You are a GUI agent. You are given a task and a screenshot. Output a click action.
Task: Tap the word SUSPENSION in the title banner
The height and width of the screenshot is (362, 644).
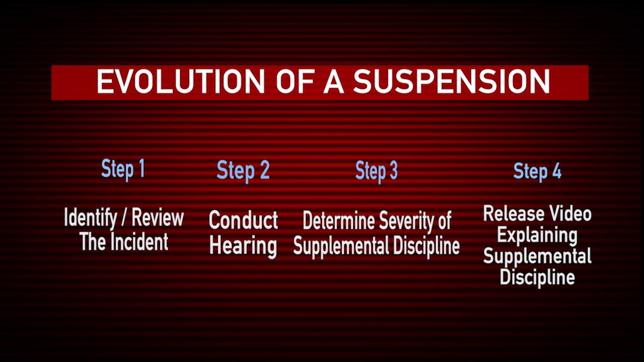[451, 81]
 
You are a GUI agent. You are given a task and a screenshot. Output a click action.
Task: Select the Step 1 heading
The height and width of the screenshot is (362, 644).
[123, 169]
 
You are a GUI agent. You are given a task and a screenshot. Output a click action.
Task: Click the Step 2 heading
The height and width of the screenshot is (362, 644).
[243, 170]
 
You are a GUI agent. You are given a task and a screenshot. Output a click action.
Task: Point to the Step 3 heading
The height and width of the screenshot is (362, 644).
[376, 171]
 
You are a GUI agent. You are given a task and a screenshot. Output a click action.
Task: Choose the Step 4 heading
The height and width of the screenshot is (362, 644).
[537, 171]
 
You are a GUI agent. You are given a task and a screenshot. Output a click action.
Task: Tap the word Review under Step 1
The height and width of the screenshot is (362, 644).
[157, 218]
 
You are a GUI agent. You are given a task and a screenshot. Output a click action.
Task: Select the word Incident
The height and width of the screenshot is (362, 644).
[138, 242]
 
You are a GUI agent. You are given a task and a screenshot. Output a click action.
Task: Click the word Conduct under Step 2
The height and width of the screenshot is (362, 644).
[244, 220]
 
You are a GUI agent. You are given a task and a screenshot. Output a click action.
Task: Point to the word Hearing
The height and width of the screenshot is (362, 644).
[243, 246]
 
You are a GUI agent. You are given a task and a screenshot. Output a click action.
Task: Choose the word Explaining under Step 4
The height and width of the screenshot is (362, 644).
[537, 235]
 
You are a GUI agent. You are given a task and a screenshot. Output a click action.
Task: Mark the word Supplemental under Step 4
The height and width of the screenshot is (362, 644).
[537, 256]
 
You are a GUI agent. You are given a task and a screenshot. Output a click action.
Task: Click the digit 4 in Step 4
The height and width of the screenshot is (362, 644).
[556, 171]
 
